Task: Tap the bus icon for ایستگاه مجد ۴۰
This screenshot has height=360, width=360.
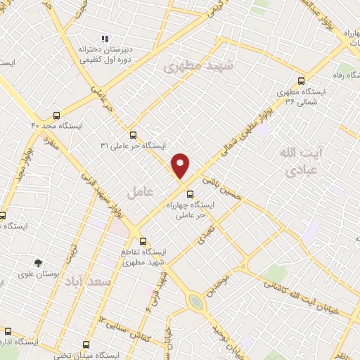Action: (57, 115)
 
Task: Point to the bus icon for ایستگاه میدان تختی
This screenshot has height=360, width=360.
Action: (86, 345)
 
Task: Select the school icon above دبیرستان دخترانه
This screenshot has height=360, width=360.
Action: (105, 39)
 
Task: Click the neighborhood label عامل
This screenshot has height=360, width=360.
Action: (139, 192)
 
